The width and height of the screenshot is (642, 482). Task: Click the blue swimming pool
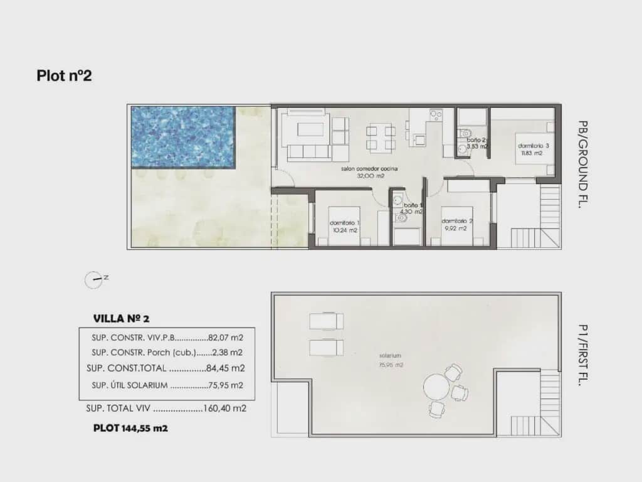pos(182,136)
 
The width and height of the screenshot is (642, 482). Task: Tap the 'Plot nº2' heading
pos(65,76)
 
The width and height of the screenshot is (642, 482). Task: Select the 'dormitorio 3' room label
pos(534,146)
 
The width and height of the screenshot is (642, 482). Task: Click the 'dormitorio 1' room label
pos(344,223)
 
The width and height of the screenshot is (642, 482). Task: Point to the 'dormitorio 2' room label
pos(456,221)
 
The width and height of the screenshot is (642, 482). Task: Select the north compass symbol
pos(93,279)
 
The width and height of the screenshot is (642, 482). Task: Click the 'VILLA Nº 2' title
pos(121,318)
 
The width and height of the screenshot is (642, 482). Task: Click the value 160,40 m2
pos(225,408)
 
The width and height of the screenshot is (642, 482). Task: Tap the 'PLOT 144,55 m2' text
pos(130,428)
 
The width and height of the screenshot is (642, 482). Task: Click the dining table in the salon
pos(381,138)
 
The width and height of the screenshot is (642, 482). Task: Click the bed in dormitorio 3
pos(534,148)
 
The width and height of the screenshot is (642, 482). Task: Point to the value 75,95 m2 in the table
pos(225,385)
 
